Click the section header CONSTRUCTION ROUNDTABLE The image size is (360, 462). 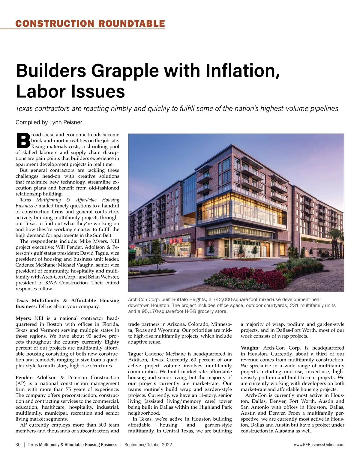click(x=90, y=23)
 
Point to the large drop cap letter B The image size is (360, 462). click(x=23, y=141)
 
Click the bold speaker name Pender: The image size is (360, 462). click(x=25, y=377)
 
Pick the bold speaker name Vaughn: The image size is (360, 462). click(x=250, y=348)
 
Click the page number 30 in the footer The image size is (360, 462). click(x=18, y=445)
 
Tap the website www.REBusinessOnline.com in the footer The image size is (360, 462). click(x=319, y=445)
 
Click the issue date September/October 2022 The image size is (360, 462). click(x=148, y=445)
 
